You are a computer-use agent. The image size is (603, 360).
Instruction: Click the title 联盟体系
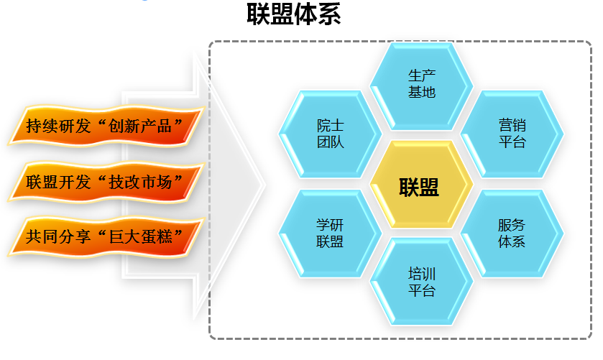(x=294, y=14)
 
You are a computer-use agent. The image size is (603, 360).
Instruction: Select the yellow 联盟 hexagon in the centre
(x=421, y=184)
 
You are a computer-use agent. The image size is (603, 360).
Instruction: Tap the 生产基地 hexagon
(x=421, y=86)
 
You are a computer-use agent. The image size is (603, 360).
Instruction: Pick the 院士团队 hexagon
(x=330, y=134)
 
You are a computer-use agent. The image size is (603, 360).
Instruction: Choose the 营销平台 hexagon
(x=512, y=134)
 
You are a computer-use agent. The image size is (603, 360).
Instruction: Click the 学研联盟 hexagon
(x=330, y=234)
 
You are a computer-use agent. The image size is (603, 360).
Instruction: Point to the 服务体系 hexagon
(x=512, y=234)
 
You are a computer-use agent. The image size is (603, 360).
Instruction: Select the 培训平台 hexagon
(x=421, y=282)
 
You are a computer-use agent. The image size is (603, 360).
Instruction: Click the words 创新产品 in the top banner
(x=139, y=126)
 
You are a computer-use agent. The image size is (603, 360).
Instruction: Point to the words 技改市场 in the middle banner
(x=139, y=182)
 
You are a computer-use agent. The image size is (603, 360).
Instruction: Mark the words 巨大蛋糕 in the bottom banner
(x=139, y=236)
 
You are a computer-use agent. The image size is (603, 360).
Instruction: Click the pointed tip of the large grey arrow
(x=265, y=185)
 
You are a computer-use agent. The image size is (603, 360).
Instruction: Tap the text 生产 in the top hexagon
(x=421, y=75)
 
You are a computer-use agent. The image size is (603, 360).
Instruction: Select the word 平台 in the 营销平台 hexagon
(x=512, y=142)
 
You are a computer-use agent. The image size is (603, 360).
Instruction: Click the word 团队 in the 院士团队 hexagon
(x=330, y=142)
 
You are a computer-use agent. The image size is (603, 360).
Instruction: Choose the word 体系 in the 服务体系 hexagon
(x=512, y=241)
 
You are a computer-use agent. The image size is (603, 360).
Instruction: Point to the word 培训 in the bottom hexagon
(x=421, y=274)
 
